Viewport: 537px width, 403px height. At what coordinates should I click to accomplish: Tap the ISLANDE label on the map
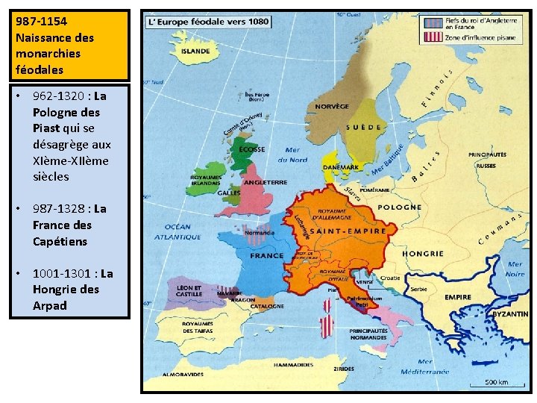point(195,51)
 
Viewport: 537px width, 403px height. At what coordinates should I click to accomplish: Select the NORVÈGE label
point(332,107)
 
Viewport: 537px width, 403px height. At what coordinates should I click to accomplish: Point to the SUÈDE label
point(365,128)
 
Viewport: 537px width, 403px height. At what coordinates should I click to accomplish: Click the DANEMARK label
point(340,167)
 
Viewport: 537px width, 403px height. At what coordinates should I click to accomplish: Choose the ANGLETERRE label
point(265,182)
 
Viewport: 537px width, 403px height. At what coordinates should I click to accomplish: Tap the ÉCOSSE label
point(251,149)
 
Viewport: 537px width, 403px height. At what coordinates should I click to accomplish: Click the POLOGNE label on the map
point(399,207)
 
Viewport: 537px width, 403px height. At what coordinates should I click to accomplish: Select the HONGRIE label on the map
point(423,254)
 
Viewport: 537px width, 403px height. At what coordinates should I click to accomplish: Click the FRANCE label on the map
point(266,256)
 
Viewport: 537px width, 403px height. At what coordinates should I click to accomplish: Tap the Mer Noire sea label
point(515,269)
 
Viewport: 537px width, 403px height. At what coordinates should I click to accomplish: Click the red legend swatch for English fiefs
point(431,23)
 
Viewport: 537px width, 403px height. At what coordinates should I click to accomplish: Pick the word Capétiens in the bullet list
point(60,241)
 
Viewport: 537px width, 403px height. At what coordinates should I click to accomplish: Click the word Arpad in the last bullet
point(50,305)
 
